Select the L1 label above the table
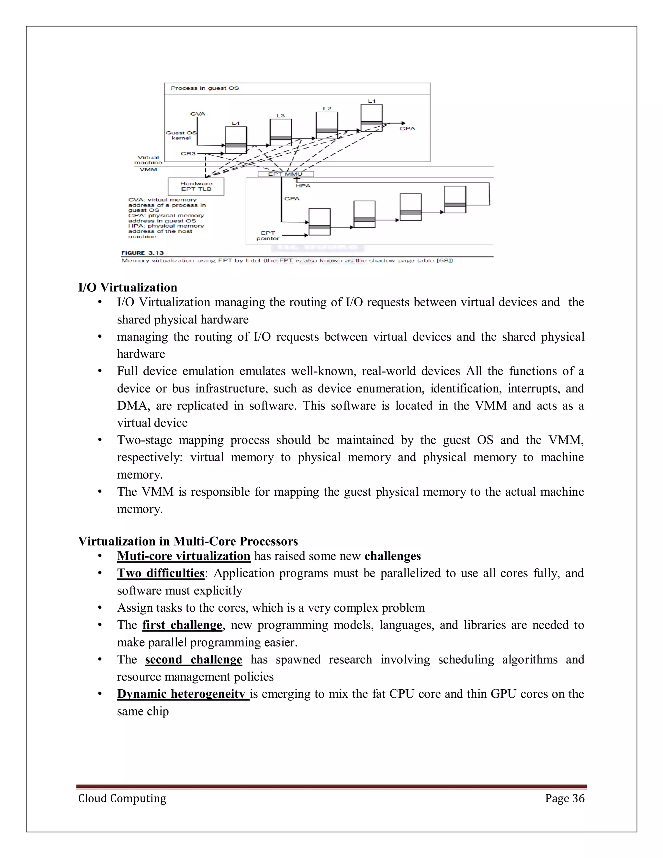371,101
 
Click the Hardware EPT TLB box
196,186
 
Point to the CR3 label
188,153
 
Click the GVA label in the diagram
198,114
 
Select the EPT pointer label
268,236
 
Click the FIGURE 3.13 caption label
142,253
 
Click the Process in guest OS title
205,88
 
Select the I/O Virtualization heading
128,288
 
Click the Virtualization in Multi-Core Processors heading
188,541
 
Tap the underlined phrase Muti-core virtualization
184,556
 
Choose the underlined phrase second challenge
193,660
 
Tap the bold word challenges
392,556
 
